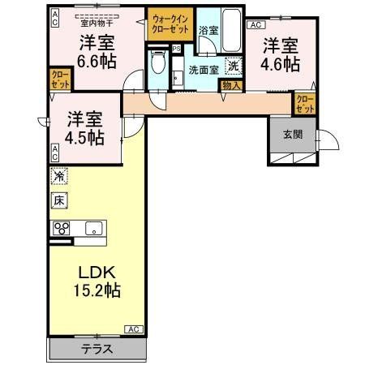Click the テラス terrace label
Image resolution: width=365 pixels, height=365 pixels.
click(x=97, y=350)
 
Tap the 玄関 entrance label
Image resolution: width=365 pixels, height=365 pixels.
click(x=293, y=135)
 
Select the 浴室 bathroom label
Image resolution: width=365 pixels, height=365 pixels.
click(x=208, y=30)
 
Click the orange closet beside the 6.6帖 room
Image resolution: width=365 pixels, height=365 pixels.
click(x=61, y=79)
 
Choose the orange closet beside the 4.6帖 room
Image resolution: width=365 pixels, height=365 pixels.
click(x=305, y=103)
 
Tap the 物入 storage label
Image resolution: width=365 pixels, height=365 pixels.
click(x=230, y=84)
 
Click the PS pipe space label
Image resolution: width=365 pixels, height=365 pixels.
click(x=177, y=49)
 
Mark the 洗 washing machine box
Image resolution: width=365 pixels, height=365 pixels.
click(x=233, y=67)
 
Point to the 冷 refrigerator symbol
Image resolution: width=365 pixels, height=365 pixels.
click(x=58, y=176)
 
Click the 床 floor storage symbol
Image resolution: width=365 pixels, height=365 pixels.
click(x=58, y=200)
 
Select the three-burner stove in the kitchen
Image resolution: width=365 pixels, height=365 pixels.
click(x=62, y=228)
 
